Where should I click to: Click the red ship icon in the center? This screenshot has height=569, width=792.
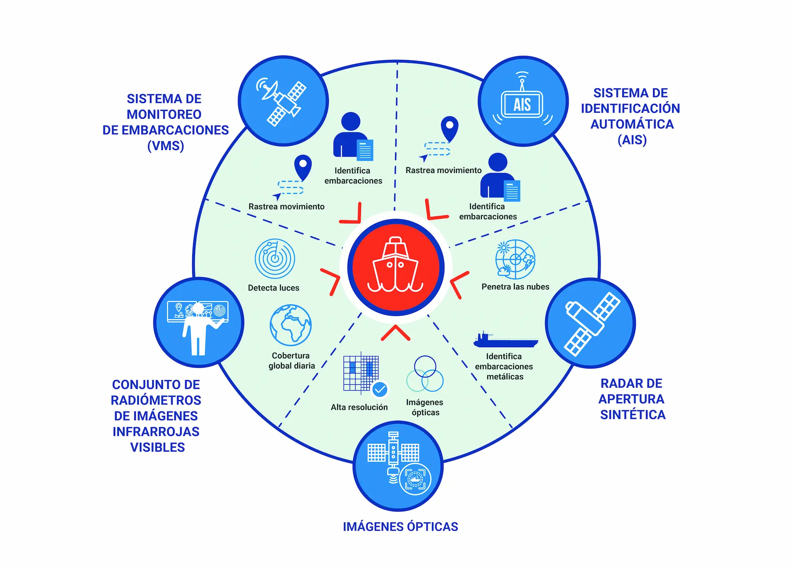(x=396, y=267)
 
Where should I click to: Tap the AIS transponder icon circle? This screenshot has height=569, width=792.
(x=523, y=101)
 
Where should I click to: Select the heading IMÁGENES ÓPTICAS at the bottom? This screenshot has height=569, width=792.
(x=400, y=527)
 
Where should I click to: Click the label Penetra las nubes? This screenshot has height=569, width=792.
(x=515, y=287)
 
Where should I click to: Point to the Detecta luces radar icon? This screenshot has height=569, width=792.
(x=275, y=259)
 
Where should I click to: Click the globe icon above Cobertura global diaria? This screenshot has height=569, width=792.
(x=291, y=326)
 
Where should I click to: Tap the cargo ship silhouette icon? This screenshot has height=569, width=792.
(x=506, y=340)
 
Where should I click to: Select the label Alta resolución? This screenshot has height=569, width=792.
(x=359, y=407)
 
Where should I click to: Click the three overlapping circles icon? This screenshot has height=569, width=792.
(x=425, y=374)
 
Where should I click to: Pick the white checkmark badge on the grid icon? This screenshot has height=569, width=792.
(x=380, y=390)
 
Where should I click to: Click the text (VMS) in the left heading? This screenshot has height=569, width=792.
(x=165, y=146)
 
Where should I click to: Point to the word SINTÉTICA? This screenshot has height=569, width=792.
(x=633, y=415)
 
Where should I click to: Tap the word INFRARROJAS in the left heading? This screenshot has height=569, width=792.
(x=156, y=431)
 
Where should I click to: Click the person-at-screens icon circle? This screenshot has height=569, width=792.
(x=198, y=323)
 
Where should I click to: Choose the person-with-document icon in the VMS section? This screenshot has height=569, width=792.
(x=353, y=136)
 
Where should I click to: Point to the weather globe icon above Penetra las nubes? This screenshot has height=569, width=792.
(x=515, y=259)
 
